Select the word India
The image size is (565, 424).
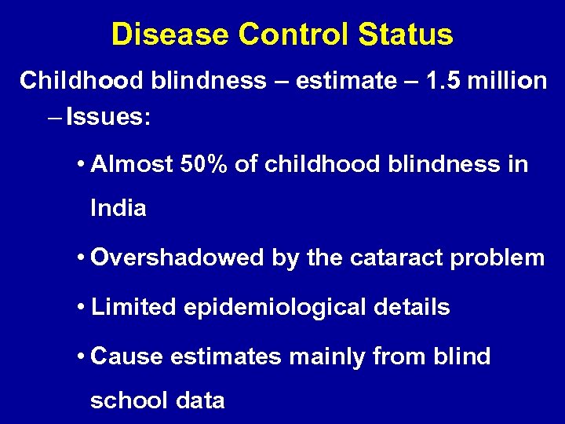(x=118, y=208)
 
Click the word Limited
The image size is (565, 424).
(x=134, y=307)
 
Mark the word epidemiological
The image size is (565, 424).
(x=275, y=309)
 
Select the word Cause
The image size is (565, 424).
(x=127, y=356)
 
